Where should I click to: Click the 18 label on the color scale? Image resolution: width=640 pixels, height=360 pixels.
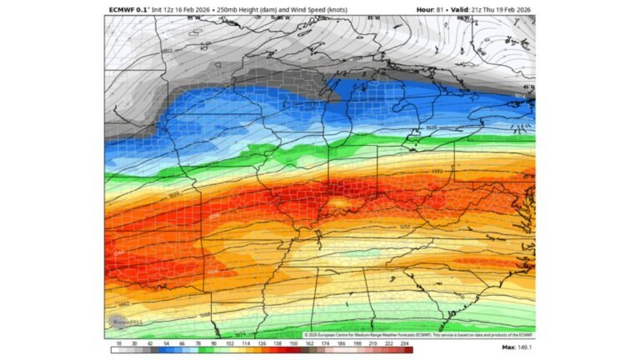point(120,342)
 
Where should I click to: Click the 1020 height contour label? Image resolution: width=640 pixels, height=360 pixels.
point(431,127)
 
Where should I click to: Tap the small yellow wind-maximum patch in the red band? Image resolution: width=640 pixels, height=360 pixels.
point(339,202)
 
